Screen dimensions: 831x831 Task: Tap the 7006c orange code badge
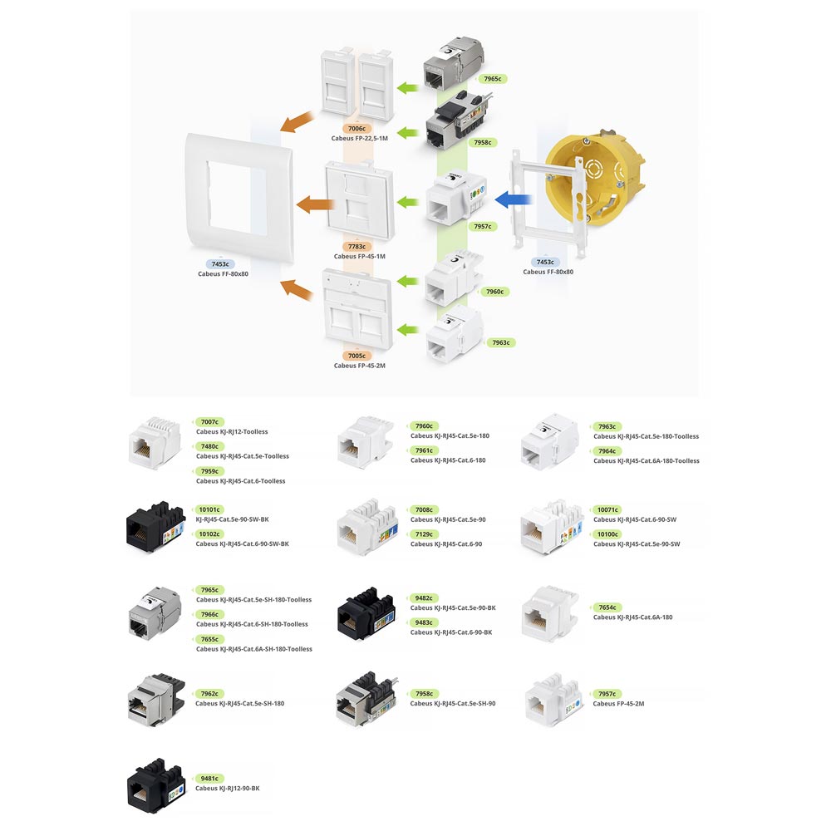click(359, 129)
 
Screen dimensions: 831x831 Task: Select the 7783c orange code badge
click(359, 247)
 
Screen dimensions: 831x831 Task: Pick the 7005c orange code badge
click(359, 356)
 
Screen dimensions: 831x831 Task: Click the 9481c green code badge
click(209, 779)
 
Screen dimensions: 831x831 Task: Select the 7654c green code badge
click(607, 607)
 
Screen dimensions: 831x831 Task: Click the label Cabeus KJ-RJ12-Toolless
click(232, 432)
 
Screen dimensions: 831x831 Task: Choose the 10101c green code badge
click(209, 509)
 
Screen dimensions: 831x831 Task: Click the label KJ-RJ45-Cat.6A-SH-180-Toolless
click(254, 649)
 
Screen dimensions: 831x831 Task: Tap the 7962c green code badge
click(209, 693)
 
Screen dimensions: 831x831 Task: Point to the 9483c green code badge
click(424, 622)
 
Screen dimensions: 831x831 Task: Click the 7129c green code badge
click(424, 534)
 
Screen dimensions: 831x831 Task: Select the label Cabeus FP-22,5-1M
click(359, 139)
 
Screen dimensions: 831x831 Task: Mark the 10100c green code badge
click(608, 534)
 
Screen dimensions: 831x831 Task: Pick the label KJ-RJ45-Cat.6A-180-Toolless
click(646, 461)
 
